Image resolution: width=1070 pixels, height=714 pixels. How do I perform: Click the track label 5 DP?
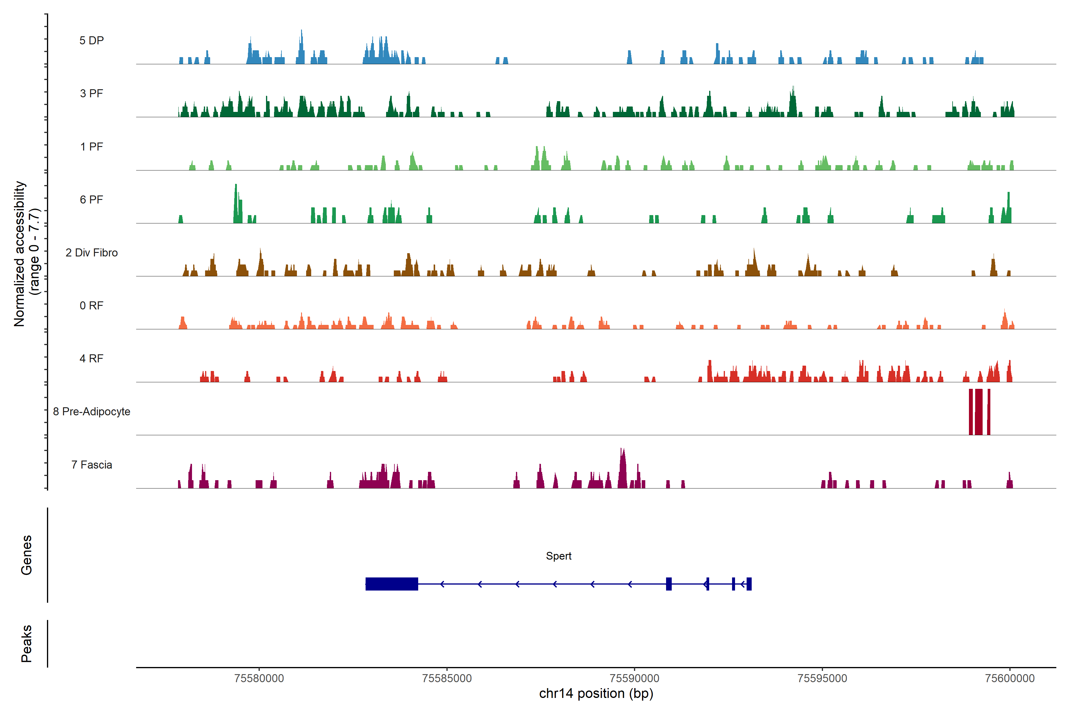tap(92, 40)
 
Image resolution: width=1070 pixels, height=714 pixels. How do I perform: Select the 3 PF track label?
tap(92, 93)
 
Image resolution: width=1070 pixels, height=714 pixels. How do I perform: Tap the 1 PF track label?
tap(92, 147)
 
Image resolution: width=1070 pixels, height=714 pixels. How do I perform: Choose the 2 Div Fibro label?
tap(92, 253)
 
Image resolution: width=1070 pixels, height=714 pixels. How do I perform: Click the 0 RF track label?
tap(92, 306)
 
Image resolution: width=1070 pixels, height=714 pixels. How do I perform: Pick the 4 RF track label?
tap(92, 358)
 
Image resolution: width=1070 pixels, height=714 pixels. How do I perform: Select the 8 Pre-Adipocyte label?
tap(92, 412)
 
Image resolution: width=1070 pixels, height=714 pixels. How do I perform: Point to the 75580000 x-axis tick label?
tap(259, 678)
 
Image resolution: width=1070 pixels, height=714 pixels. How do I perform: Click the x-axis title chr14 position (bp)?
tap(596, 693)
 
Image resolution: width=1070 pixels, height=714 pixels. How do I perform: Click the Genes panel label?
tap(26, 555)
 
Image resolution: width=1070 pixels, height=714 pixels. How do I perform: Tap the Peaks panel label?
tap(26, 643)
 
